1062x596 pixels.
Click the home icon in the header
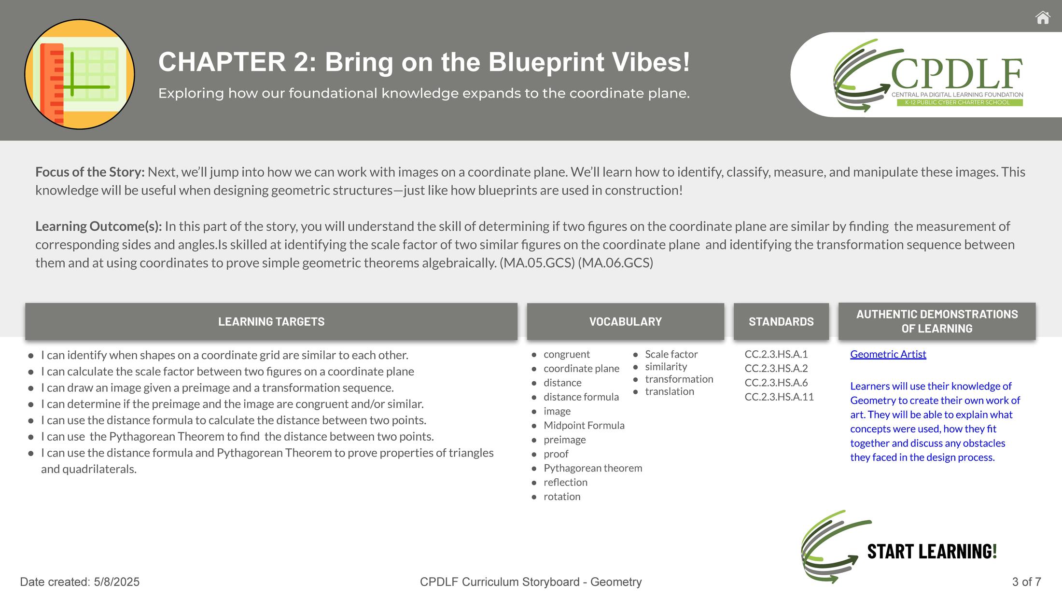[1043, 18]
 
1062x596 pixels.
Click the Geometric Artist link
[888, 354]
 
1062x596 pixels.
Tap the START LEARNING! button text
[932, 551]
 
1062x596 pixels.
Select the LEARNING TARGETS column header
[271, 321]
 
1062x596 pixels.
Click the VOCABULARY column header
[626, 321]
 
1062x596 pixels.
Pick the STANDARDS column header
[781, 321]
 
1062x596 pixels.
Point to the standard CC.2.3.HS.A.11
[779, 397]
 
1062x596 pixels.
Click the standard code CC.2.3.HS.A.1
[776, 354]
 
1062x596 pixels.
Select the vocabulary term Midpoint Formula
[584, 425]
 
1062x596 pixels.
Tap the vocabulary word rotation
[562, 497]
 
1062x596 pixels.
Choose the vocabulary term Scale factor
[671, 354]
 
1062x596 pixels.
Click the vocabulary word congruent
[567, 355]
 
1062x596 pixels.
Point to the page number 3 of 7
[1027, 582]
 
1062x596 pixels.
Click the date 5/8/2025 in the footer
[117, 582]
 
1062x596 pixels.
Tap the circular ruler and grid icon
[80, 74]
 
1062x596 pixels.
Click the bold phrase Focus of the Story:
[90, 172]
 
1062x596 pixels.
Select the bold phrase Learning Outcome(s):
[98, 226]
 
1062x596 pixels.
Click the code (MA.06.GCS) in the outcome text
[615, 263]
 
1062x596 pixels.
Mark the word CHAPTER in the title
[223, 62]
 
